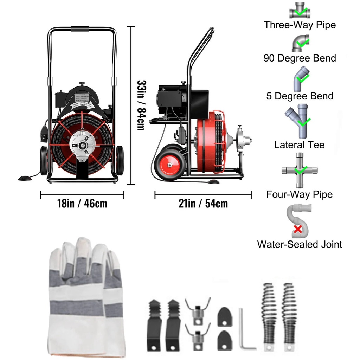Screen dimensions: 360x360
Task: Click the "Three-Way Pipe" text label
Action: click(x=300, y=25)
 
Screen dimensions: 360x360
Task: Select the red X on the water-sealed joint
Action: click(x=297, y=229)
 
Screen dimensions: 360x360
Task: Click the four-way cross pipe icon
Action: click(x=300, y=171)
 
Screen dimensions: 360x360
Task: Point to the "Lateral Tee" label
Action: click(x=300, y=144)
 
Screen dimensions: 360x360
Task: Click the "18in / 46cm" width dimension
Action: click(x=82, y=203)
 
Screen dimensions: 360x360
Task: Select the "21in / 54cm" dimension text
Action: click(x=203, y=203)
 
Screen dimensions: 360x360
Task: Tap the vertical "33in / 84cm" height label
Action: click(x=141, y=105)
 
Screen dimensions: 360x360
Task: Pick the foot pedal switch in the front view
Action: click(x=25, y=178)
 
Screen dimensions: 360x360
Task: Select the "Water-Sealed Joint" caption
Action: click(x=300, y=244)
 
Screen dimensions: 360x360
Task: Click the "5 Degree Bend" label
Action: click(x=300, y=96)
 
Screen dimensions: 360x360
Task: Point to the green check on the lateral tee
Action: click(x=304, y=122)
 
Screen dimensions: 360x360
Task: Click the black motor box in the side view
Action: click(x=171, y=97)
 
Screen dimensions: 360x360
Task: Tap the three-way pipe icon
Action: click(x=300, y=11)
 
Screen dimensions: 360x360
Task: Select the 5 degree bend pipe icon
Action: click(x=300, y=78)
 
